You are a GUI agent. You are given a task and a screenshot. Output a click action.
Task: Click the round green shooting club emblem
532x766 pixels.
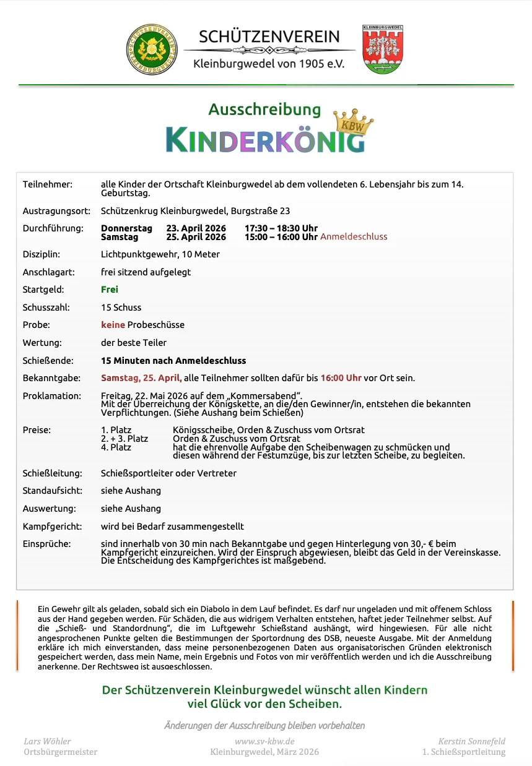pos(152,49)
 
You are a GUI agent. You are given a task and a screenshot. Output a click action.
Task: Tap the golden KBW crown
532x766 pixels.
pos(354,123)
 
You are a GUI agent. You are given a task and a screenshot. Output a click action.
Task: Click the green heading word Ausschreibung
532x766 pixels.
pos(264,110)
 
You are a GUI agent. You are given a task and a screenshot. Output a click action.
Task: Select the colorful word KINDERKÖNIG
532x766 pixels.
pos(265,140)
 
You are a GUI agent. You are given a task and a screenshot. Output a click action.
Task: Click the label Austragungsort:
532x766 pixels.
pos(56,211)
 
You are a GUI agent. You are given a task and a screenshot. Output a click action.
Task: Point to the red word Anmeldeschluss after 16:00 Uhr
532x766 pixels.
pos(354,237)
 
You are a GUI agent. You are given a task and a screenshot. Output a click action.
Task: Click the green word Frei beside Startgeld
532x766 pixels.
pos(110,290)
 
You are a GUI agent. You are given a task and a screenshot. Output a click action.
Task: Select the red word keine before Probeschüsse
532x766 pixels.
pos(113,325)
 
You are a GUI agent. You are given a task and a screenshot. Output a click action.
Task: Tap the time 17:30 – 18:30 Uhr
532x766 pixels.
pos(281,228)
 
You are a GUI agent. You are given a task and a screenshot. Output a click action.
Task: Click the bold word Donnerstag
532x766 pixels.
pos(126,228)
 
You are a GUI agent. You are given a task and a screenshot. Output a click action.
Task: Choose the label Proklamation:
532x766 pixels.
pos(52,396)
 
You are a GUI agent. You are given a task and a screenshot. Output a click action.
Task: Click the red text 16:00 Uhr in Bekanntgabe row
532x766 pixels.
pos(341,378)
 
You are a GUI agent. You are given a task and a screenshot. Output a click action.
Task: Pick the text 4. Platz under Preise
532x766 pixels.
pos(116,447)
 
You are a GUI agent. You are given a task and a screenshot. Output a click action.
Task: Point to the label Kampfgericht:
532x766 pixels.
pos(52,527)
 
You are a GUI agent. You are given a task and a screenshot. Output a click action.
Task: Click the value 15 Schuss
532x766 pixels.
pos(121,308)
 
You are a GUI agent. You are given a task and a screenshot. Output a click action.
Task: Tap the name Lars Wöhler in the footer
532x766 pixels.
pos(47,741)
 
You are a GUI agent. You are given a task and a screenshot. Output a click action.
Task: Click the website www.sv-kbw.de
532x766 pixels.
pos(264,741)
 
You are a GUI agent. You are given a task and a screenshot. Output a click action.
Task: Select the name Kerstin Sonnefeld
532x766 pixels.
pos(472,741)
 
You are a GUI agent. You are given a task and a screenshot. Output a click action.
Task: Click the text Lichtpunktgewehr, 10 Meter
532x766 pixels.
pos(160,254)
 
